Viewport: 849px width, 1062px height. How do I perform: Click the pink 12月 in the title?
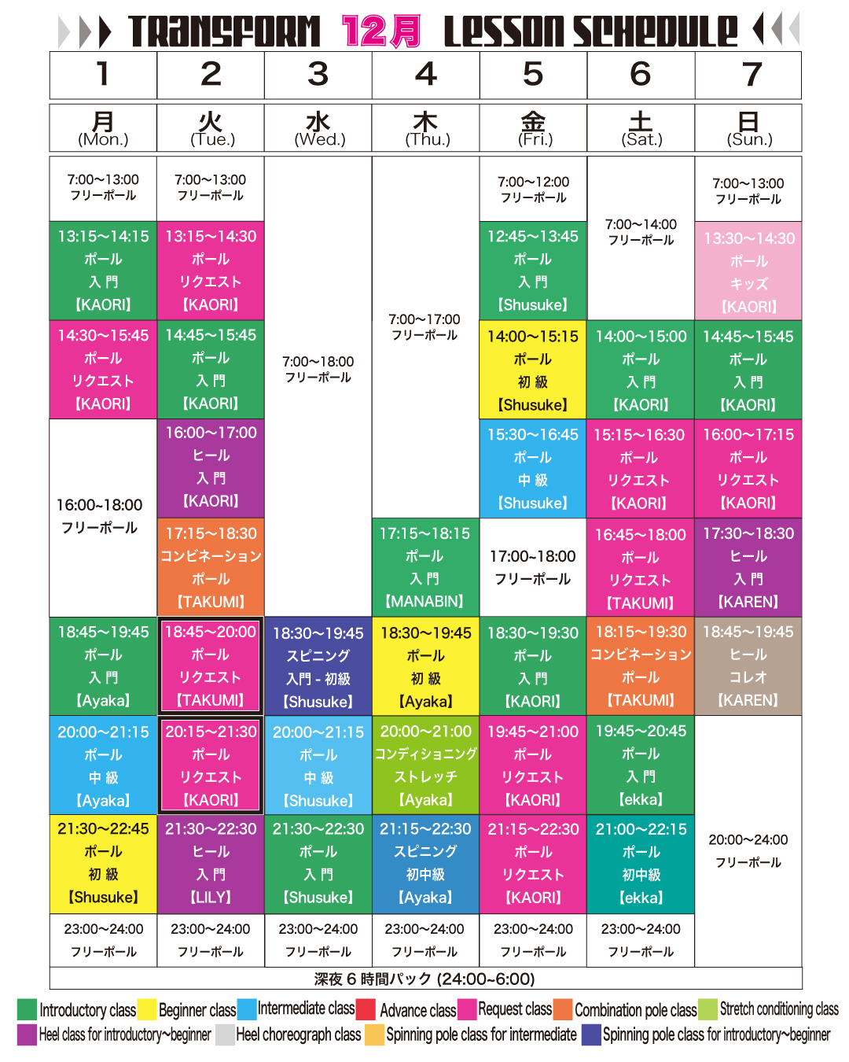pyautogui.click(x=381, y=31)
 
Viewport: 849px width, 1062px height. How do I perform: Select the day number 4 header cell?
pyautogui.click(x=425, y=75)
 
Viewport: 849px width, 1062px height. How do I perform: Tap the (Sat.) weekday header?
pyautogui.click(x=641, y=128)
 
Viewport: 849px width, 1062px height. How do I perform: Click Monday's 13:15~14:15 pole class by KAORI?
pyautogui.click(x=103, y=270)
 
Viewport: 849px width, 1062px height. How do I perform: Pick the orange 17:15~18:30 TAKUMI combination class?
pyautogui.click(x=211, y=567)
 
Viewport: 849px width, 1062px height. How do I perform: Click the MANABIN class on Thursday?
pyautogui.click(x=425, y=567)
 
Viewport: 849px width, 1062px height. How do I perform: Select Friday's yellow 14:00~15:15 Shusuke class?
pyautogui.click(x=533, y=370)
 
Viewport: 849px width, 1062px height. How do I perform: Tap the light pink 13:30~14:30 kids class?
pyautogui.click(x=748, y=271)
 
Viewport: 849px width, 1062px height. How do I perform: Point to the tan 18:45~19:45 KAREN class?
pyautogui.click(x=748, y=666)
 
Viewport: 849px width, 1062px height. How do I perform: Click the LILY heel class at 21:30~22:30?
pyautogui.click(x=211, y=863)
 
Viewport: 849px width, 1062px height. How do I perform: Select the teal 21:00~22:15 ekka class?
pyautogui.click(x=641, y=863)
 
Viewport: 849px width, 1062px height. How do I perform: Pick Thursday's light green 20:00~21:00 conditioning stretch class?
pyautogui.click(x=425, y=765)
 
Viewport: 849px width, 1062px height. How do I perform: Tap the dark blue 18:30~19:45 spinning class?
pyautogui.click(x=318, y=666)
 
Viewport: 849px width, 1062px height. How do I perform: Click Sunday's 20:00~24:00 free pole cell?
pyautogui.click(x=748, y=850)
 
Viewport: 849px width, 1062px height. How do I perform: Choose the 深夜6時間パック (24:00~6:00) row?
pyautogui.click(x=424, y=979)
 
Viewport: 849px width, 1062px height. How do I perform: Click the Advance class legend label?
pyautogui.click(x=417, y=1010)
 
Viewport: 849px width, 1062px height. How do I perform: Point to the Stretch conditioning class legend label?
pyautogui.click(x=778, y=1009)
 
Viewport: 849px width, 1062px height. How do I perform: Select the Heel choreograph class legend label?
pyautogui.click(x=298, y=1034)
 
